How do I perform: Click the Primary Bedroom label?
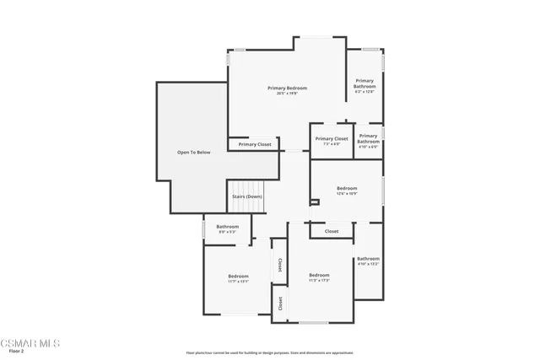[x=287, y=88]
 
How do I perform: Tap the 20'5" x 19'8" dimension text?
[x=287, y=94]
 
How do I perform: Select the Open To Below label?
[x=193, y=153]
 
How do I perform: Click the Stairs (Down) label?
[x=247, y=196]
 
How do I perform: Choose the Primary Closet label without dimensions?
[x=255, y=144]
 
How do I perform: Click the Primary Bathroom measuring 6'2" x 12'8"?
[x=364, y=83]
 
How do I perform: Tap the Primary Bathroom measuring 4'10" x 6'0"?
[x=368, y=138]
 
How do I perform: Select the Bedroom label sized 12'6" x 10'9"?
[x=347, y=188]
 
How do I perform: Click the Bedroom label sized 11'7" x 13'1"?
[x=238, y=277]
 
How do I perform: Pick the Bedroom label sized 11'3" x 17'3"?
[x=318, y=275]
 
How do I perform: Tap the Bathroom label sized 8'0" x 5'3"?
[x=227, y=226]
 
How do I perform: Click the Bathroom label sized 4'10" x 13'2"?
[x=368, y=259]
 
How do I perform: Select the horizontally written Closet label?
[x=332, y=231]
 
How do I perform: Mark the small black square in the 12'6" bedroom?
[x=315, y=202]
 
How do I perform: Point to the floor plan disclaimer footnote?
[x=270, y=353]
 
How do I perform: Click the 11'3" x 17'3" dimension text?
[x=318, y=281]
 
